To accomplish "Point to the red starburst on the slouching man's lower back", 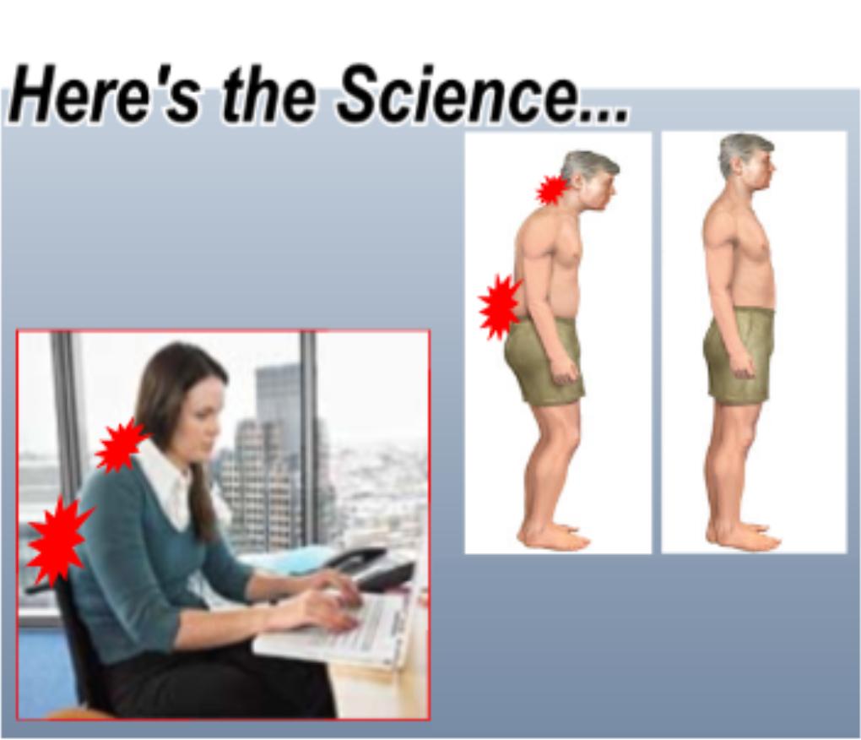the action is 499,307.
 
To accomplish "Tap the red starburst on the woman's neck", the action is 120,445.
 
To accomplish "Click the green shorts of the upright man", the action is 739,354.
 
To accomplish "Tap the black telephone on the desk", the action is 372,567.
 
